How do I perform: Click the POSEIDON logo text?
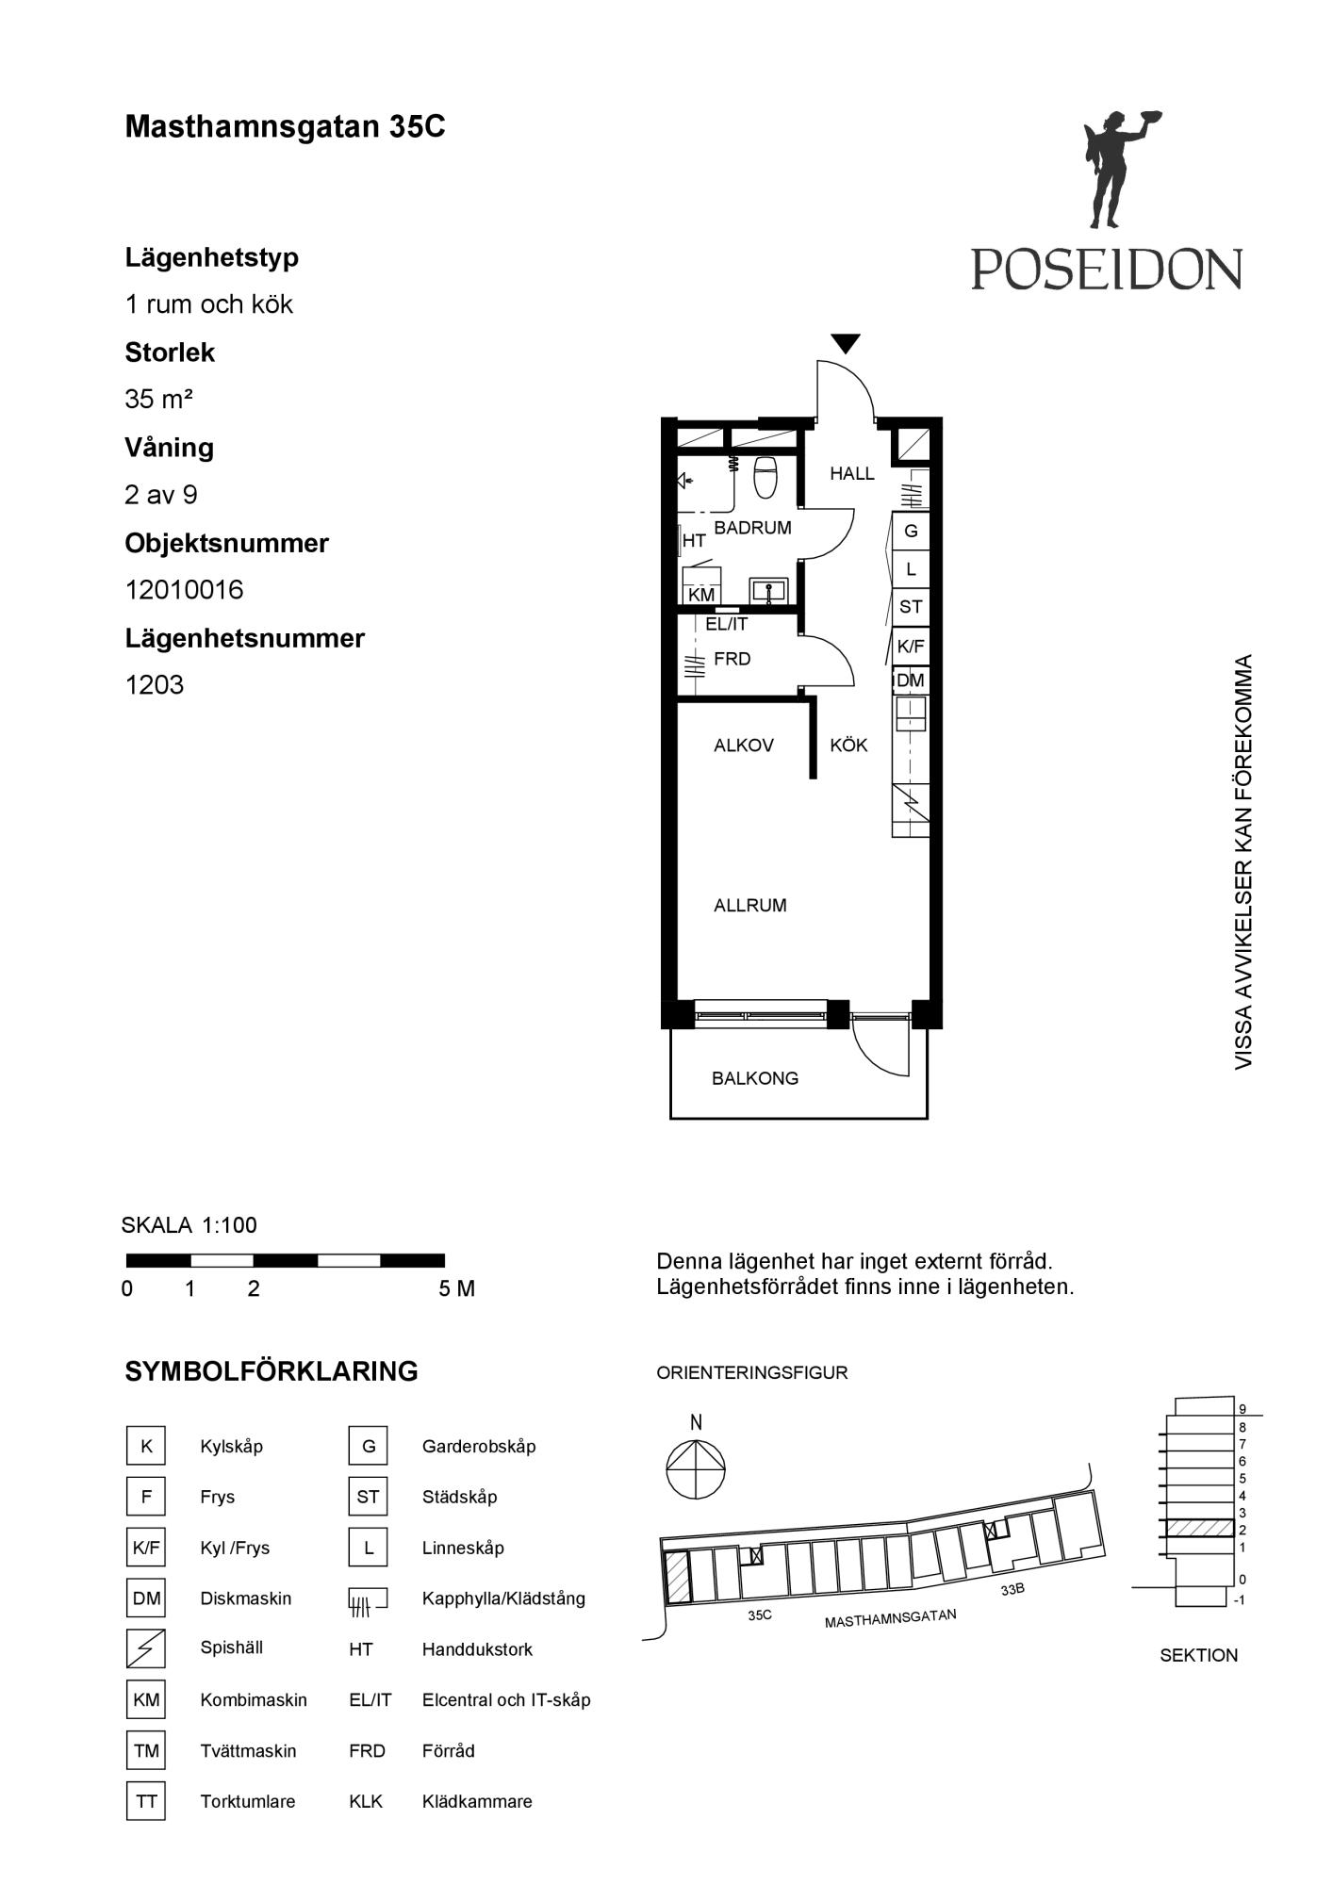pyautogui.click(x=1107, y=269)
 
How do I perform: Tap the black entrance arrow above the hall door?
pyautogui.click(x=846, y=344)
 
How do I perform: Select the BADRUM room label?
pyautogui.click(x=752, y=528)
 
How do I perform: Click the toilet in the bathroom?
pyautogui.click(x=765, y=477)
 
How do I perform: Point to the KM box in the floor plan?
pyautogui.click(x=701, y=595)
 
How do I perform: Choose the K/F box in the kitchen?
pyautogui.click(x=911, y=647)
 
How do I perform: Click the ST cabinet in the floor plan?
pyautogui.click(x=911, y=607)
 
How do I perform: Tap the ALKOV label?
pyautogui.click(x=744, y=746)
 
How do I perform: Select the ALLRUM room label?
pyautogui.click(x=750, y=906)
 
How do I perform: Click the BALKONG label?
pyautogui.click(x=755, y=1078)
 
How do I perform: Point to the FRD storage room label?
pyautogui.click(x=732, y=659)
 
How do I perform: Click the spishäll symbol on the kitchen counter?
pyautogui.click(x=911, y=803)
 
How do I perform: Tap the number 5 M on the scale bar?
pyautogui.click(x=456, y=1288)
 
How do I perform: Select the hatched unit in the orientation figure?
pyautogui.click(x=677, y=1578)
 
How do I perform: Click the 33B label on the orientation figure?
pyautogui.click(x=1012, y=1589)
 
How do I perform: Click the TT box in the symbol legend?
pyautogui.click(x=146, y=1801)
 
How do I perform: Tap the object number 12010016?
pyautogui.click(x=185, y=590)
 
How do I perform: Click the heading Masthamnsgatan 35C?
pyautogui.click(x=285, y=127)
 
